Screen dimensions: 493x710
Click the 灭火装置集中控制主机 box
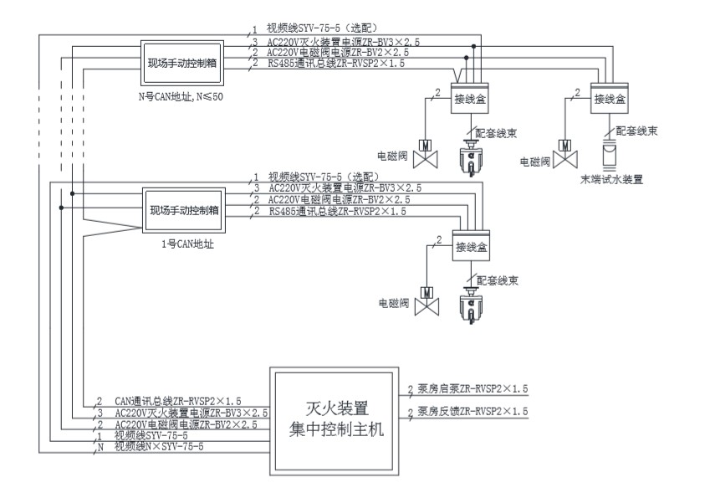tap(332, 420)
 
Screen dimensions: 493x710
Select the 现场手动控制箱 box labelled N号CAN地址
tap(184, 64)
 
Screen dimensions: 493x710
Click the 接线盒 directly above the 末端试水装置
tap(610, 98)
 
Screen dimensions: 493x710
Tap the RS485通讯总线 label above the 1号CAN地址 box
tap(337, 213)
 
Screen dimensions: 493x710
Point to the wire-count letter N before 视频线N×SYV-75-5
tap(100, 448)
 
